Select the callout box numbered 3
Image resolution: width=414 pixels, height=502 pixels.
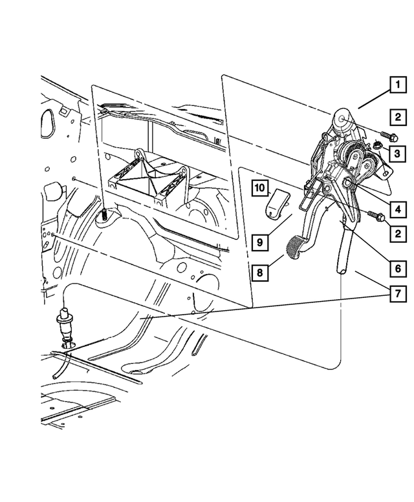pyautogui.click(x=396, y=154)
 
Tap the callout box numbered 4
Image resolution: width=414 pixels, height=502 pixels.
pyautogui.click(x=397, y=210)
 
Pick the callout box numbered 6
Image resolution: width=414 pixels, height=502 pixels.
pyautogui.click(x=396, y=266)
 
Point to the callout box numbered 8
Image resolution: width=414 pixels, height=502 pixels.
pyautogui.click(x=259, y=273)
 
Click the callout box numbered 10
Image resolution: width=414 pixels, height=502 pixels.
pyautogui.click(x=259, y=188)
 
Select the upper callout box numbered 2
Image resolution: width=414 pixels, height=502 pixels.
pyautogui.click(x=396, y=117)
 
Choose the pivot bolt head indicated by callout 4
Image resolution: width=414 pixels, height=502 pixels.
pyautogui.click(x=349, y=185)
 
